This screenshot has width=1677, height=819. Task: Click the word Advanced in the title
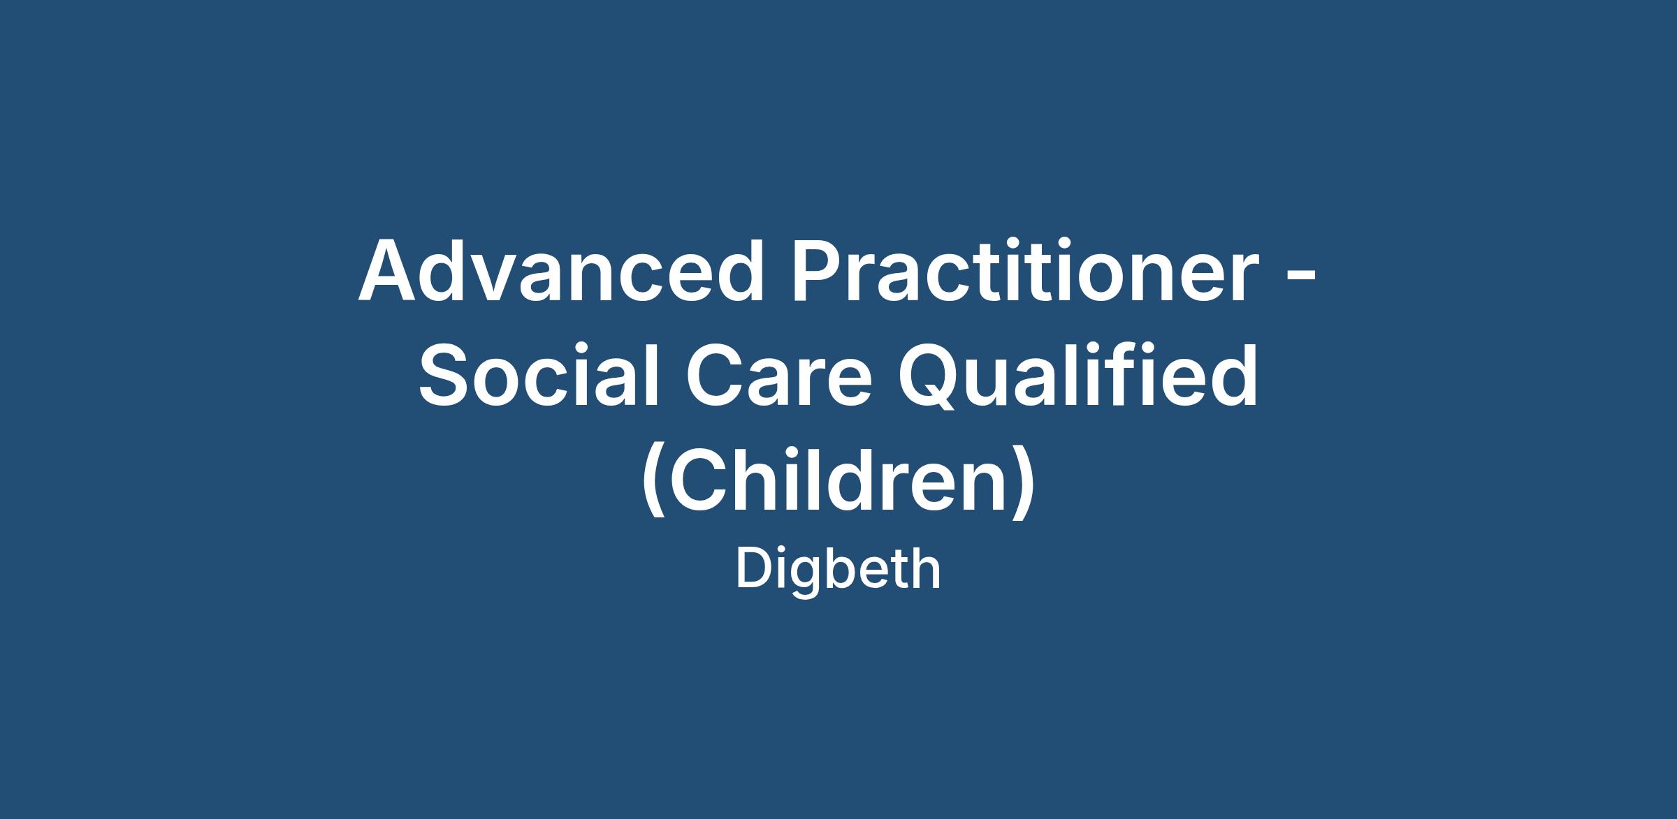coord(562,270)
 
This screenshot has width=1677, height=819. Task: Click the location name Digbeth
coord(838,570)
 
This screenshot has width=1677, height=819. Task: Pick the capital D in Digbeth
coord(753,570)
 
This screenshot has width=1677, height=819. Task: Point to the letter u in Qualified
coord(998,385)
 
